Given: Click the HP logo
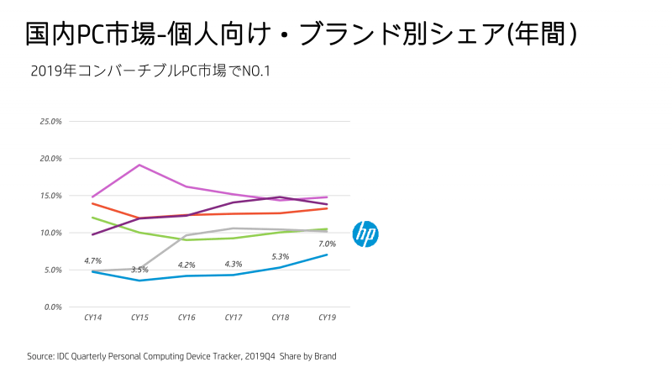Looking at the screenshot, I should click(x=365, y=234).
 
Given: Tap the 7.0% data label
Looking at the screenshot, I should click(x=328, y=243).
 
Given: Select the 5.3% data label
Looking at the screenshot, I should click(x=281, y=256).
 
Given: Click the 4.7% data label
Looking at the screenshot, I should click(x=92, y=261).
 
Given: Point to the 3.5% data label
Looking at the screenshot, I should click(x=139, y=270).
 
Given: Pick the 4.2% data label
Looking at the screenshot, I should click(x=186, y=265).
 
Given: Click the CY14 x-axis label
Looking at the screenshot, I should click(x=92, y=318).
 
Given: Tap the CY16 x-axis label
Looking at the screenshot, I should click(x=186, y=318).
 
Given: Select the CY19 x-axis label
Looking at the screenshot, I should click(x=328, y=318).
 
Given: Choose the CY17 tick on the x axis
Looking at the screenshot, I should click(x=234, y=318).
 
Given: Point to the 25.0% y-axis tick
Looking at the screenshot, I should click(x=51, y=121).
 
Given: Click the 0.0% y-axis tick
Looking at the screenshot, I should click(x=53, y=307).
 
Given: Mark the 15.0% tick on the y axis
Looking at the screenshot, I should click(x=51, y=196).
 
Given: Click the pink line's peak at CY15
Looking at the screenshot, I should click(x=139, y=165).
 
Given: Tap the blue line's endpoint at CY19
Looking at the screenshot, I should click(x=328, y=255).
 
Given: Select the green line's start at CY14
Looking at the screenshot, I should click(x=92, y=218).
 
